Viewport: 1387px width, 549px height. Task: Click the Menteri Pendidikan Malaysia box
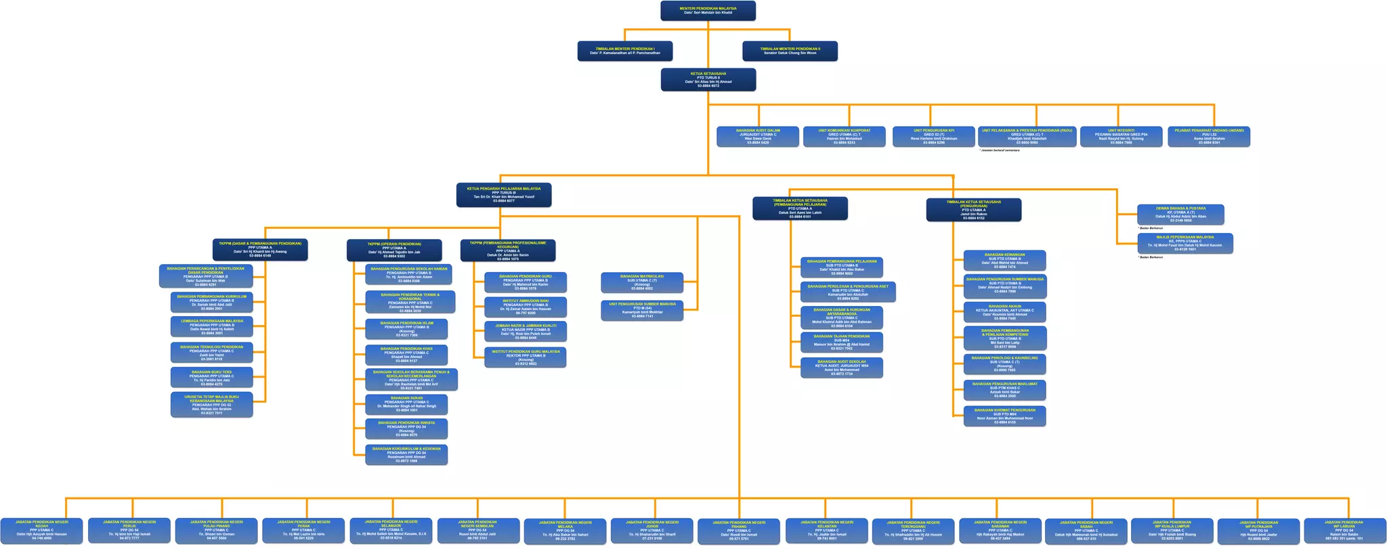point(708,11)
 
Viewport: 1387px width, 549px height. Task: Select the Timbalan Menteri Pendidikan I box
point(625,51)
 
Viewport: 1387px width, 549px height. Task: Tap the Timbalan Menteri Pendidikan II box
point(790,51)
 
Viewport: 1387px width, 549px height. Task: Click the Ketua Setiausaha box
point(708,79)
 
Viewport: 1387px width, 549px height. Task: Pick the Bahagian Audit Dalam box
point(758,136)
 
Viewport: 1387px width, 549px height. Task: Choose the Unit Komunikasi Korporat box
point(845,136)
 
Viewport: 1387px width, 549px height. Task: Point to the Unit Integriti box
point(1121,136)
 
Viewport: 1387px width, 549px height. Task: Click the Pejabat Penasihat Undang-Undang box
point(1209,136)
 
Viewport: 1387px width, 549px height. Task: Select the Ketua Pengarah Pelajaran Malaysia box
point(503,195)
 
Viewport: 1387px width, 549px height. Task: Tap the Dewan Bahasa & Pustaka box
point(1180,215)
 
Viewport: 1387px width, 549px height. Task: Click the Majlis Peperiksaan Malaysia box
point(1185,243)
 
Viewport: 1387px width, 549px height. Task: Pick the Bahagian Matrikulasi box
point(642,282)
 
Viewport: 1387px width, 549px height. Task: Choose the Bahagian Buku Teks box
point(212,377)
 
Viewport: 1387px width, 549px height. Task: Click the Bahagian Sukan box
point(406,404)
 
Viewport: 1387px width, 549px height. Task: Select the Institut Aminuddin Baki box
point(526,307)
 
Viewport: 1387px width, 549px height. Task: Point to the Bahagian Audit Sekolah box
point(842,368)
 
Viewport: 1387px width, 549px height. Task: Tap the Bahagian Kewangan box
point(1004,261)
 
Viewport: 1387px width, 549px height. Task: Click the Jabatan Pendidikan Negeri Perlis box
point(129,530)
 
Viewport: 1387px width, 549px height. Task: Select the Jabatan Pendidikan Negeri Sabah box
point(1086,530)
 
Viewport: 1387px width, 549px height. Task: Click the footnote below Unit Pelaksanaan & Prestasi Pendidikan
point(1000,150)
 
